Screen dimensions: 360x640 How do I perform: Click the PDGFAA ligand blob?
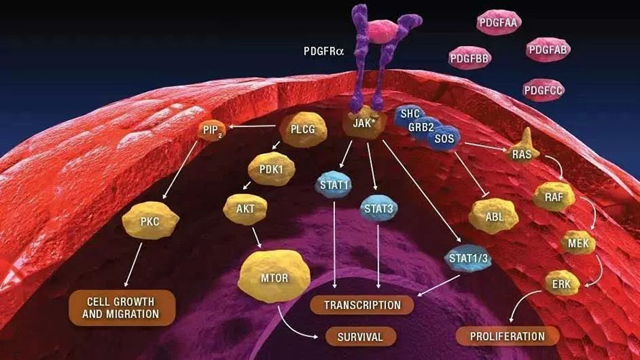(x=498, y=23)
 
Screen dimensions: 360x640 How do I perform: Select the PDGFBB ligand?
(x=470, y=57)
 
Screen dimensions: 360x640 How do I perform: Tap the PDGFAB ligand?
(x=548, y=50)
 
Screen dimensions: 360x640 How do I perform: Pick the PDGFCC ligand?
(x=544, y=90)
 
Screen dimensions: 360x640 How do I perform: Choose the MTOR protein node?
(x=275, y=276)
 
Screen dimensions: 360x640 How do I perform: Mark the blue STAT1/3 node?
(x=465, y=257)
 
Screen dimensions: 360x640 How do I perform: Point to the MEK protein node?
(x=578, y=244)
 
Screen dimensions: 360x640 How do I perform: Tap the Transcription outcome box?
(x=362, y=305)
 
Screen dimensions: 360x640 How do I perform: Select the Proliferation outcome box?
(x=507, y=336)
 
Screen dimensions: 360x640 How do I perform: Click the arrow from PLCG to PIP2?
(x=252, y=130)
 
